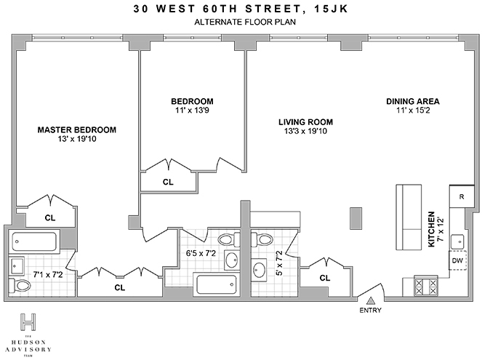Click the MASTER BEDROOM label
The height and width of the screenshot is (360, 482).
click(x=76, y=130)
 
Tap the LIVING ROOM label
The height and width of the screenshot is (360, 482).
click(x=306, y=121)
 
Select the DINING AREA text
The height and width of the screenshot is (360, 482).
click(x=413, y=101)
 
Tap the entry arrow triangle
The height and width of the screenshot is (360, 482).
click(x=370, y=300)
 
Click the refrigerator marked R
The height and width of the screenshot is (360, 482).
click(x=461, y=196)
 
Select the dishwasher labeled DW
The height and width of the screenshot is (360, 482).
click(x=457, y=260)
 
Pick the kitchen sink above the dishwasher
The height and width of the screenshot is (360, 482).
click(x=458, y=242)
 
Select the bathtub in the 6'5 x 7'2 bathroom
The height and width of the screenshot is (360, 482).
click(x=217, y=284)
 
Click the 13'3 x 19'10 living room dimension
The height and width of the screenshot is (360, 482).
click(x=306, y=132)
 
